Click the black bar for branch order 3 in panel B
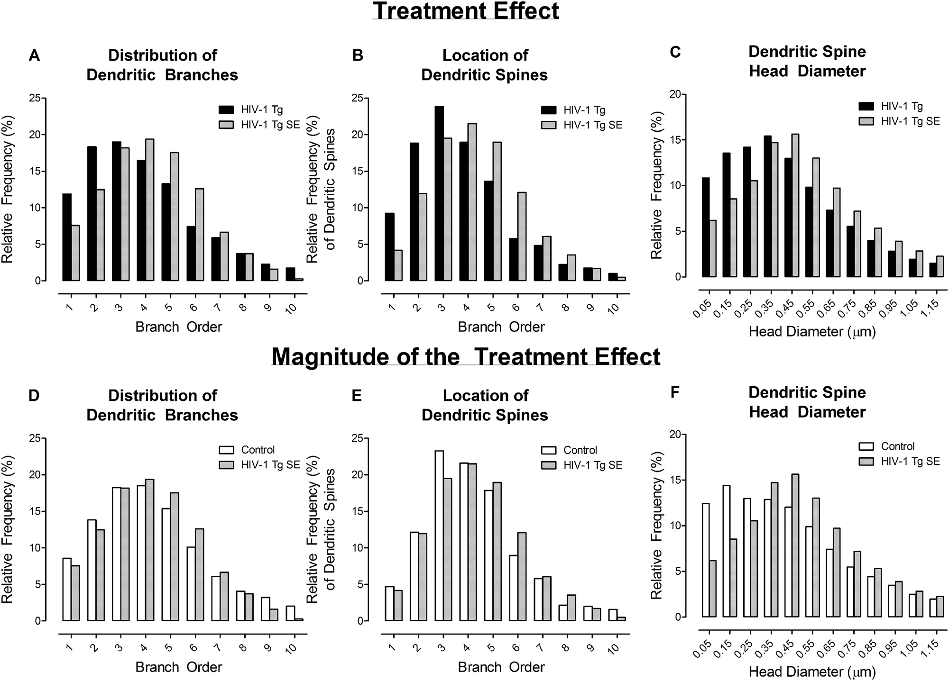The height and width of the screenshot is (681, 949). (439, 194)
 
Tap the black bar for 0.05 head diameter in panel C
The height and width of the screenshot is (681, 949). (706, 227)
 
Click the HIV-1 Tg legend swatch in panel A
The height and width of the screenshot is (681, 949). (226, 110)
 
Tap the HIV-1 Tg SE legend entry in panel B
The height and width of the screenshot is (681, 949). (592, 125)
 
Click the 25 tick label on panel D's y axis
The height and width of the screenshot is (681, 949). (35, 438)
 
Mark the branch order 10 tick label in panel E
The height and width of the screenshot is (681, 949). (613, 648)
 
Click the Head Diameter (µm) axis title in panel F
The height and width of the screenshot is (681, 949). (812, 672)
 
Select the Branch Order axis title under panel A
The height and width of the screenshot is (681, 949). (178, 327)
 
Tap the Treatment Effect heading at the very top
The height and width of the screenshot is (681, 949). (466, 10)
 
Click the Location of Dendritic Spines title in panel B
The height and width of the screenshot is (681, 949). (485, 65)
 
